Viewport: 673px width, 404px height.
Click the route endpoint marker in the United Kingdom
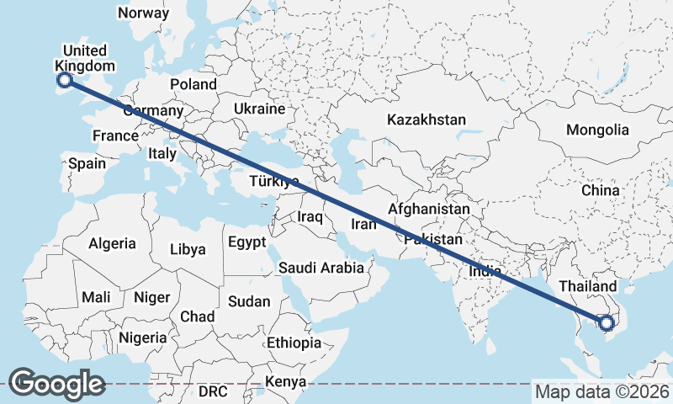coord(64,81)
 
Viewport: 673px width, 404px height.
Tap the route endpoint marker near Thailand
coord(605,322)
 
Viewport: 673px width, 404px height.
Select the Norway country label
coord(143,13)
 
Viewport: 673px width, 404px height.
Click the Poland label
coord(193,84)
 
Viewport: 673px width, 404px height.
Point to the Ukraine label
coord(260,109)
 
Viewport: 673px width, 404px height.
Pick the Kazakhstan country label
coord(427,120)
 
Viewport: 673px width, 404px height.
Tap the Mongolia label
coord(597,130)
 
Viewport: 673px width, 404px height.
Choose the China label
coord(600,190)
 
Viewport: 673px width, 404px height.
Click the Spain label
coord(87,163)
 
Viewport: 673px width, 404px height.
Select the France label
coord(115,136)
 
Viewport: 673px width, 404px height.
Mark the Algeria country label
coord(113,243)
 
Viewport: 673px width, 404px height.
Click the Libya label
coord(188,249)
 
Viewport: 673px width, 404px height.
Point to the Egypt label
coord(246,242)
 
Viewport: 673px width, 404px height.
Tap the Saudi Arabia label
coord(321,268)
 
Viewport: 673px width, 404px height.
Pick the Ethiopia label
coord(294,343)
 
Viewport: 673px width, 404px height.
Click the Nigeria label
coord(142,338)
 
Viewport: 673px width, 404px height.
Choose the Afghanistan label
coord(429,209)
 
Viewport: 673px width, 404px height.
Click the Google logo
coord(56,383)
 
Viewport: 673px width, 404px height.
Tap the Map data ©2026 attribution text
coord(602,391)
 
